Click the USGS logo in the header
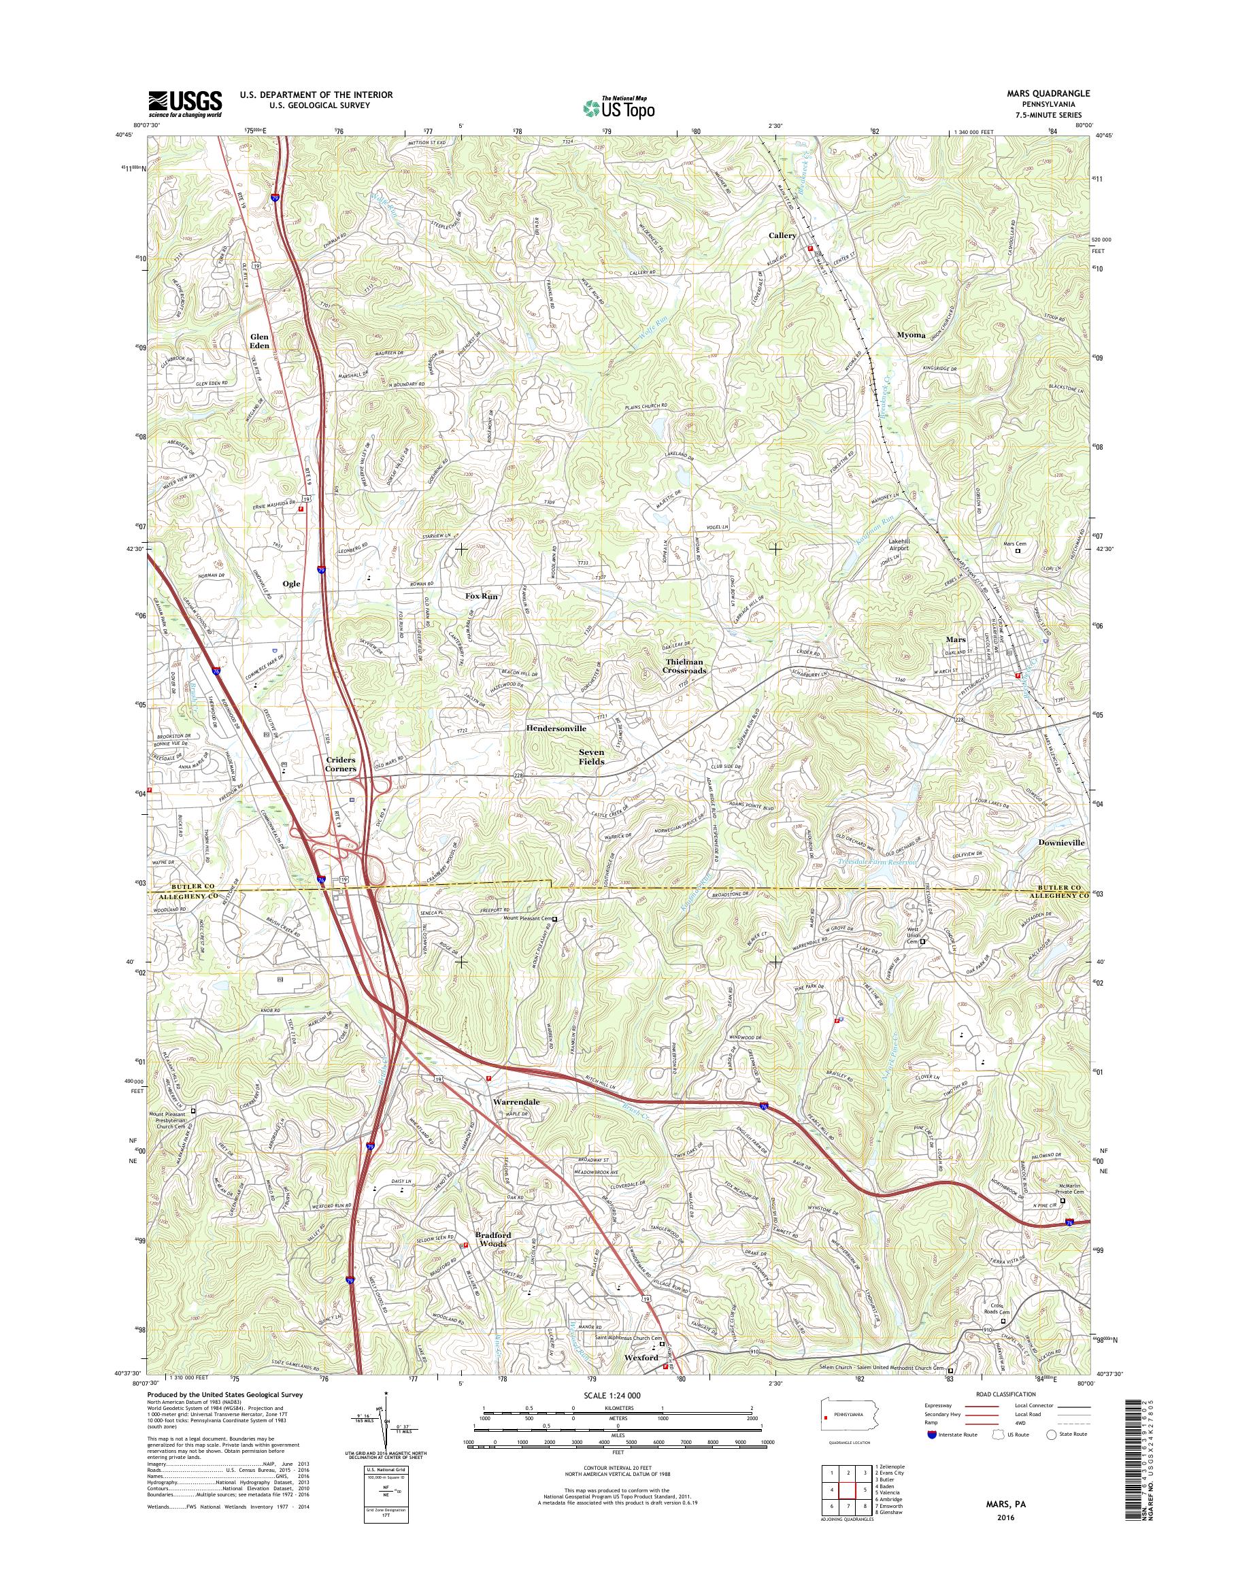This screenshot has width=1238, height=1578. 185,103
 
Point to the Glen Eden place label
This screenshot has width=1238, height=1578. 259,341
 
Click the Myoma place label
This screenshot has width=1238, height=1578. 911,335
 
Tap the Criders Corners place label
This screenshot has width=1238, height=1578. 340,764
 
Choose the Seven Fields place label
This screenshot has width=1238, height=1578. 590,757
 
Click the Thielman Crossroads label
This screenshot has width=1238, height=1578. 685,666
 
